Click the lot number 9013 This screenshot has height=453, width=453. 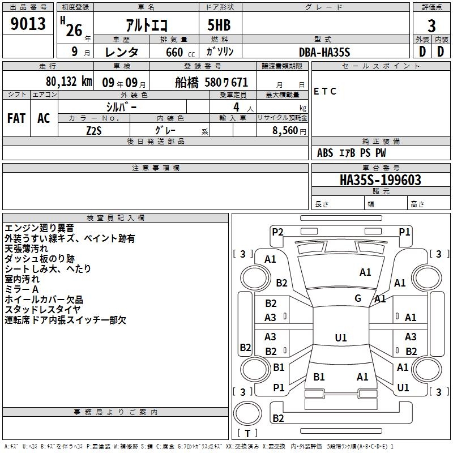click(x=28, y=24)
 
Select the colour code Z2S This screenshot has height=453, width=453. click(x=94, y=130)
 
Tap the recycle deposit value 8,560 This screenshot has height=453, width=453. click(x=285, y=130)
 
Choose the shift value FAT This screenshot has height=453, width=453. click(x=16, y=118)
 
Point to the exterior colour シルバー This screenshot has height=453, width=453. click(x=121, y=106)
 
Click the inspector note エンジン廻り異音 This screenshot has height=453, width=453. click(x=39, y=228)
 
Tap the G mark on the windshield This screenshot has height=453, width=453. click(x=358, y=298)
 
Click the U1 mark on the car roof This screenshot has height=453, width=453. click(x=340, y=338)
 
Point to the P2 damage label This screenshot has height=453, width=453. click(x=277, y=232)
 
